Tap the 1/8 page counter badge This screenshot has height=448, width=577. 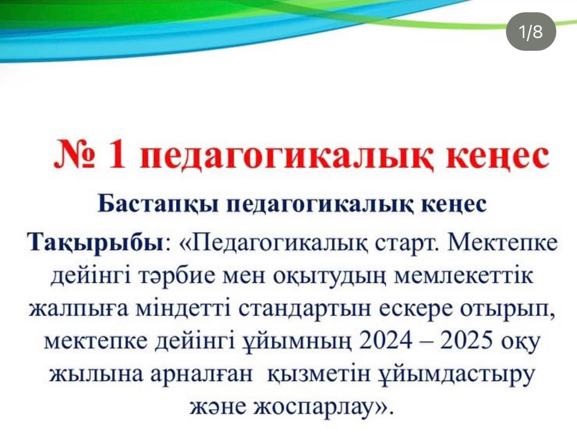click(531, 31)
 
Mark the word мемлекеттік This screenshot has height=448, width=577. click(463, 276)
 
